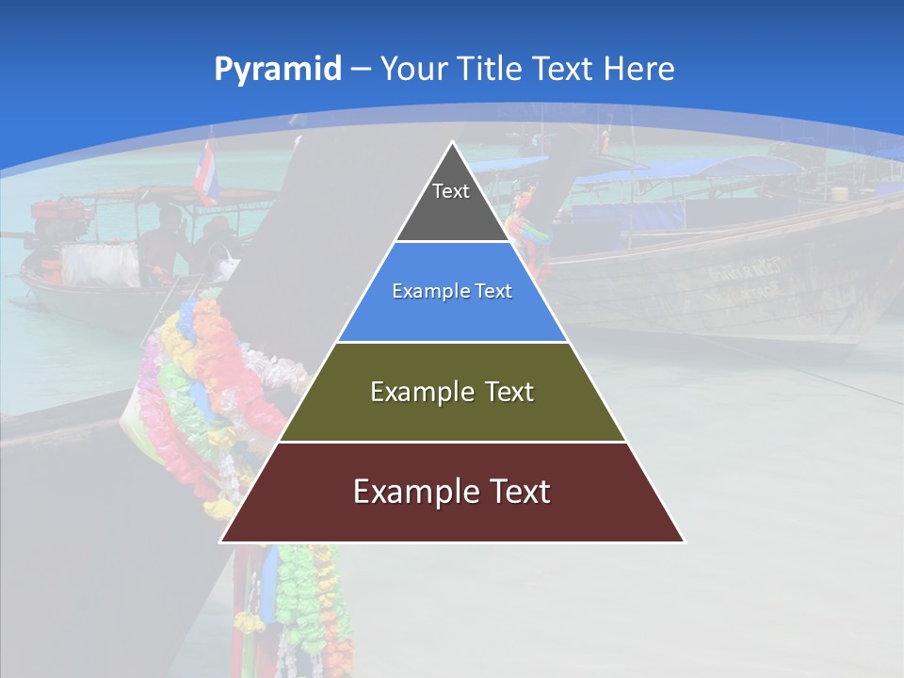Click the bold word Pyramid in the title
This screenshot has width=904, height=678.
[x=278, y=69]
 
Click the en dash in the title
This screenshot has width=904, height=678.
[x=361, y=70]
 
